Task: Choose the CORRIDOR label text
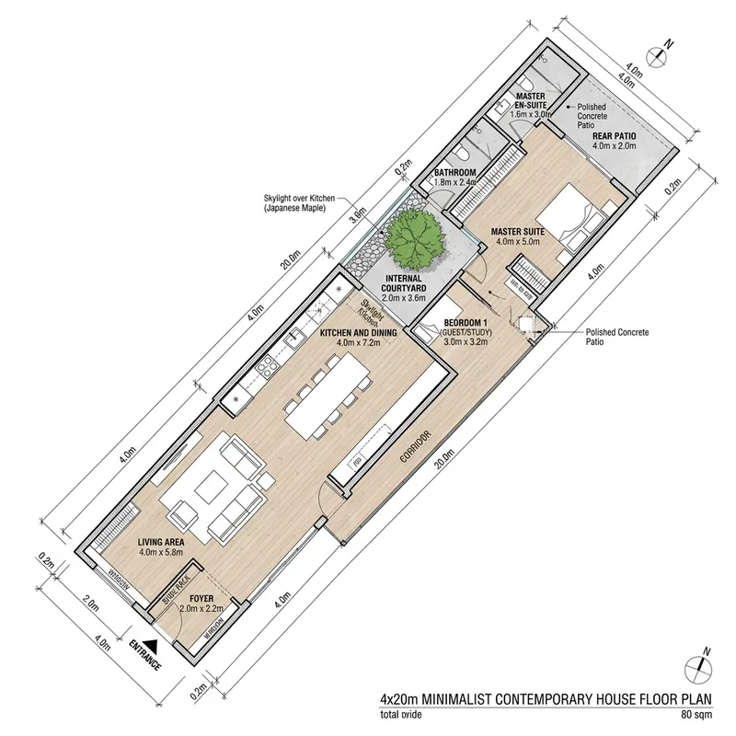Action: click(x=411, y=448)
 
